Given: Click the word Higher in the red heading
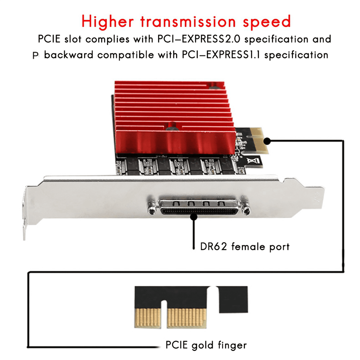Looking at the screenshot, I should (x=107, y=22).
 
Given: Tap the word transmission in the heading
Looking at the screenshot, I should (x=188, y=22).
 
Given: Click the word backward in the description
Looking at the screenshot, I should (x=69, y=55).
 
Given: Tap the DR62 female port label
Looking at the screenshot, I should (x=245, y=247).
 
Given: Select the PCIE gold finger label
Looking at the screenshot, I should (x=206, y=345).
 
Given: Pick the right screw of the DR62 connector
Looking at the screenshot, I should (x=246, y=209).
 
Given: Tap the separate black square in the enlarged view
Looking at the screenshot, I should (x=233, y=299).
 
